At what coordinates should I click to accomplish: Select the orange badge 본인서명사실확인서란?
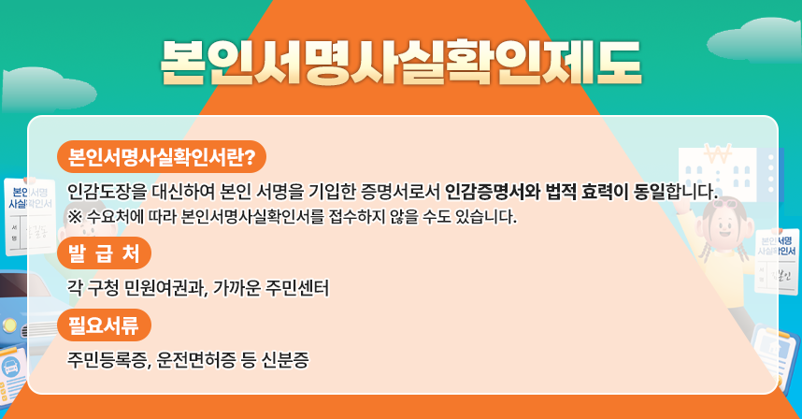[x=162, y=156]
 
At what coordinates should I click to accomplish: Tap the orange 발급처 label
[x=104, y=253]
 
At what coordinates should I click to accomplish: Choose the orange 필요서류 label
[x=104, y=325]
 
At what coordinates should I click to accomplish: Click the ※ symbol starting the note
[x=75, y=218]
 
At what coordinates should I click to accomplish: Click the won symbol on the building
[x=718, y=152]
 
